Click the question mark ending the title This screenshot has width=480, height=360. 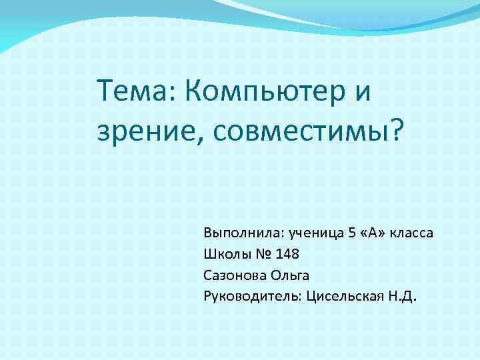[397, 130]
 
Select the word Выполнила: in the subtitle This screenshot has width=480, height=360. [243, 234]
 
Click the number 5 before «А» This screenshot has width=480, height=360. [351, 234]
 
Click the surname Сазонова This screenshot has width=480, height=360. [232, 275]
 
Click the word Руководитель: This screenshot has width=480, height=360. [253, 296]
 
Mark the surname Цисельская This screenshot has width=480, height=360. [343, 296]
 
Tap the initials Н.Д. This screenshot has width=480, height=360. [401, 296]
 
